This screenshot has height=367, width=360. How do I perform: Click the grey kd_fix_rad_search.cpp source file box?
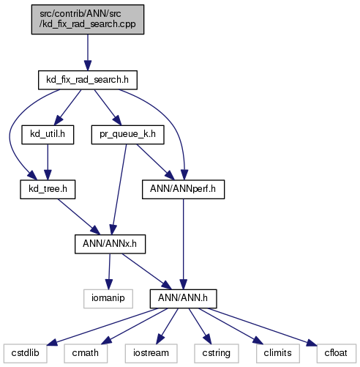tap(88, 19)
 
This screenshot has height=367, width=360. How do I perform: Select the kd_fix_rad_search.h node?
tap(88, 80)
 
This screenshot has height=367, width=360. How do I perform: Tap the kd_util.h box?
tap(48, 135)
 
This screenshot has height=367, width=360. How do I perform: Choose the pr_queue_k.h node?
tap(127, 135)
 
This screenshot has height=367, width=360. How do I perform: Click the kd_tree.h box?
tap(48, 190)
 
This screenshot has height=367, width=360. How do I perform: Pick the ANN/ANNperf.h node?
tap(183, 190)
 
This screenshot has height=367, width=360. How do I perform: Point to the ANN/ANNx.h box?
tap(110, 244)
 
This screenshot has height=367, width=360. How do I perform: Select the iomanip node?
tap(108, 299)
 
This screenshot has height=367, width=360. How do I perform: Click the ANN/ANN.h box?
tap(183, 299)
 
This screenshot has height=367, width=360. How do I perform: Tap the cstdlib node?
tap(26, 354)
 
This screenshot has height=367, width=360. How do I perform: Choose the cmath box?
tap(86, 354)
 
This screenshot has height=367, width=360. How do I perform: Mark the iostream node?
tap(151, 354)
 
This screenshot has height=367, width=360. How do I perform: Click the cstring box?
tap(217, 354)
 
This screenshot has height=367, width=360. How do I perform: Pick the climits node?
tap(278, 354)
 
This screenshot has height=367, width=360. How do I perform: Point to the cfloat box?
tap(337, 354)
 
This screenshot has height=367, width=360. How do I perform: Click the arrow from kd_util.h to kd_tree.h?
tap(48, 162)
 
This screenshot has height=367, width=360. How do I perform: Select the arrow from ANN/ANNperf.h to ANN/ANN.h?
tap(183, 244)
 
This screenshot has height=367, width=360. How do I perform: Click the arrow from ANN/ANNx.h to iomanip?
tap(109, 272)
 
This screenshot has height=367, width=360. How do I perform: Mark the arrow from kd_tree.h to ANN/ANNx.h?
tap(79, 217)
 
